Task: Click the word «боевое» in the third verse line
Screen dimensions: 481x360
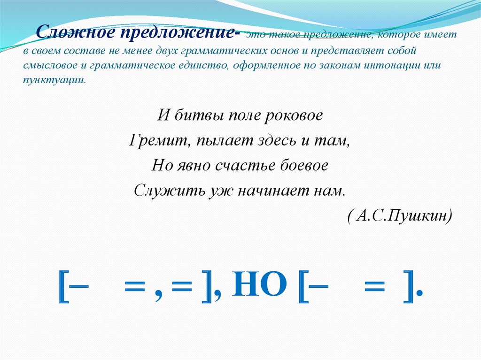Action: click(304, 166)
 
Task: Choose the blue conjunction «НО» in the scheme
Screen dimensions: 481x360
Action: click(259, 284)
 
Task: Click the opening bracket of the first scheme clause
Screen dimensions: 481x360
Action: click(63, 286)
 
